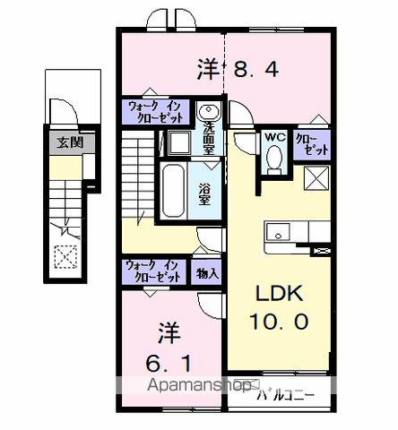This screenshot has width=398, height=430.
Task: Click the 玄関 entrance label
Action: [70, 142]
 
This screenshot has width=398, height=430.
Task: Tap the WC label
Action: [275, 137]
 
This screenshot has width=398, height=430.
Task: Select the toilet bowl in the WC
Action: [274, 159]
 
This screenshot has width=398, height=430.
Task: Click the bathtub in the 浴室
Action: [173, 190]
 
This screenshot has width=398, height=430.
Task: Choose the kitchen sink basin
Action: [279, 232]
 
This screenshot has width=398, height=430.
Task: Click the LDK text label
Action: [279, 293]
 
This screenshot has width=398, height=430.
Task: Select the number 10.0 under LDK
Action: [279, 322]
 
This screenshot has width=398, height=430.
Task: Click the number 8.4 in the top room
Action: [256, 69]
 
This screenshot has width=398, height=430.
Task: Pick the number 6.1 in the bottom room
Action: [169, 363]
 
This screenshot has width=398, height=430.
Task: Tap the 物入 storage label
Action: [207, 273]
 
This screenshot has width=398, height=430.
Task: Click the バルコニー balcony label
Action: [286, 395]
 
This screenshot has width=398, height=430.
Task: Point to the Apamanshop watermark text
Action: [200, 385]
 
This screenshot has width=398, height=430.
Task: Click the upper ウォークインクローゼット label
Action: [155, 112]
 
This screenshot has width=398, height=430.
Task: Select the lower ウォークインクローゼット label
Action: [153, 271]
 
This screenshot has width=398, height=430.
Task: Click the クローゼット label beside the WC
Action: [312, 144]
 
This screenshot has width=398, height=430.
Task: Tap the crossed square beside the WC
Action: [316, 178]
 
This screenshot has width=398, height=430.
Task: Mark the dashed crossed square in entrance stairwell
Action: [65, 256]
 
